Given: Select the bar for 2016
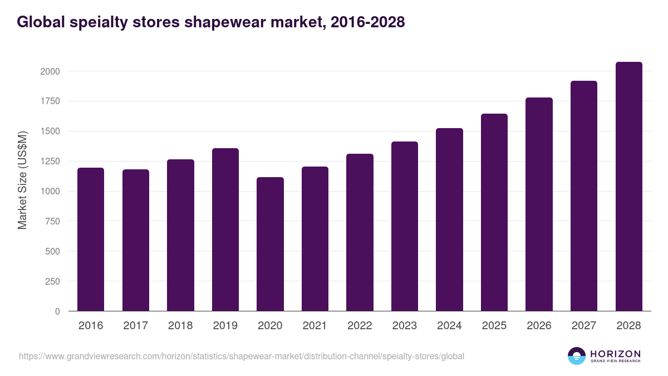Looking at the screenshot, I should (91, 240).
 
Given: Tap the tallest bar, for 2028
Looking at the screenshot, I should (628, 187).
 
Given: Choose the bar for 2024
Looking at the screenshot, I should (449, 219).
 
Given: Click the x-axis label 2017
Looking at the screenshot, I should (135, 326).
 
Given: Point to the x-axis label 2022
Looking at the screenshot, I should (360, 326).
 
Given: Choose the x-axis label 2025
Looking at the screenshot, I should (494, 326).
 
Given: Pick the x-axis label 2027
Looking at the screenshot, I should (584, 326).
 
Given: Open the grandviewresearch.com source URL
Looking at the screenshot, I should (242, 356).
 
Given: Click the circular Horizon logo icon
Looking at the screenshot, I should (577, 356).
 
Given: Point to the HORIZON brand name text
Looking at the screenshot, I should (615, 353).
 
